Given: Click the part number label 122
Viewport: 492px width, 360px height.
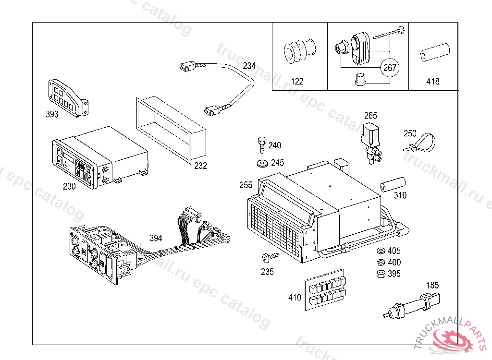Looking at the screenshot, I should click(x=297, y=82).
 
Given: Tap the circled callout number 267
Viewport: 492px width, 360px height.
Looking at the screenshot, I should click(x=390, y=68).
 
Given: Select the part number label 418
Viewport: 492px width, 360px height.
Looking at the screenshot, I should click(x=432, y=82).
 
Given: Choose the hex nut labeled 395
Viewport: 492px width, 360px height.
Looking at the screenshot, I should click(x=380, y=274).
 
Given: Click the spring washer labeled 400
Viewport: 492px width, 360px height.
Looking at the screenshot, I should click(x=380, y=262).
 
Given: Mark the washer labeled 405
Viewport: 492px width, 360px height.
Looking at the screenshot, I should click(x=380, y=251).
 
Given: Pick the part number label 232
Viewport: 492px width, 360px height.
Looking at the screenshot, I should click(x=200, y=166).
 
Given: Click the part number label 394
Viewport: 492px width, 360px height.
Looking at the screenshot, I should click(x=156, y=238).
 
